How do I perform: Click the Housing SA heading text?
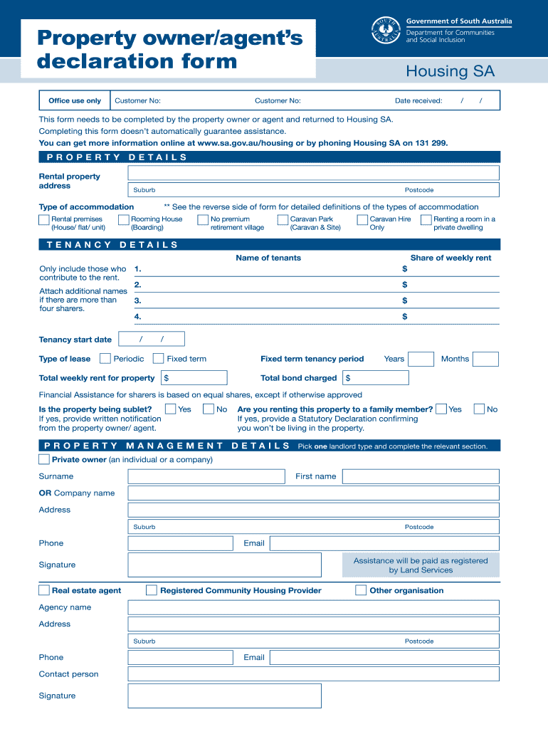point(450,71)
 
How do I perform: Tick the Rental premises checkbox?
point(44,221)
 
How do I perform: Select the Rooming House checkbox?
point(124,221)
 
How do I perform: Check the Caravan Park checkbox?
point(283,221)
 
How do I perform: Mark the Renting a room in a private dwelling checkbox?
point(426,221)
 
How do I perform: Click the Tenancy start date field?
point(152,340)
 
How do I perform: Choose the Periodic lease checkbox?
point(105,359)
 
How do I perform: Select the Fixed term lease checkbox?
point(159,359)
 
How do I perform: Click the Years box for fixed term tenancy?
point(421,359)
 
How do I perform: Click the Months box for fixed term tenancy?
point(485,359)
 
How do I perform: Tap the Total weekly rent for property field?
point(194,378)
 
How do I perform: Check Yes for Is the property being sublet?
point(171,409)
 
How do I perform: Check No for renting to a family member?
point(480,409)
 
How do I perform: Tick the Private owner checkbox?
point(44,459)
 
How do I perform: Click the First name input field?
point(421,476)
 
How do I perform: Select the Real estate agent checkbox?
point(44,590)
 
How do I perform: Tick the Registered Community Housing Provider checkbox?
point(152,590)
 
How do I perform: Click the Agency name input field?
point(314,607)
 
